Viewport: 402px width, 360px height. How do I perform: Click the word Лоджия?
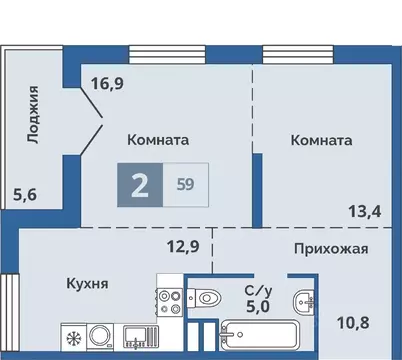(34, 114)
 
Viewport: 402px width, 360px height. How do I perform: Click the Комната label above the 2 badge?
(158, 141)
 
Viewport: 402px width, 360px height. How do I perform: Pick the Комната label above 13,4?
(321, 141)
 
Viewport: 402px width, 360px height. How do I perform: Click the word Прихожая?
(331, 249)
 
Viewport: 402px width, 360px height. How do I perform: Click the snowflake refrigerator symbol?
(73, 336)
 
